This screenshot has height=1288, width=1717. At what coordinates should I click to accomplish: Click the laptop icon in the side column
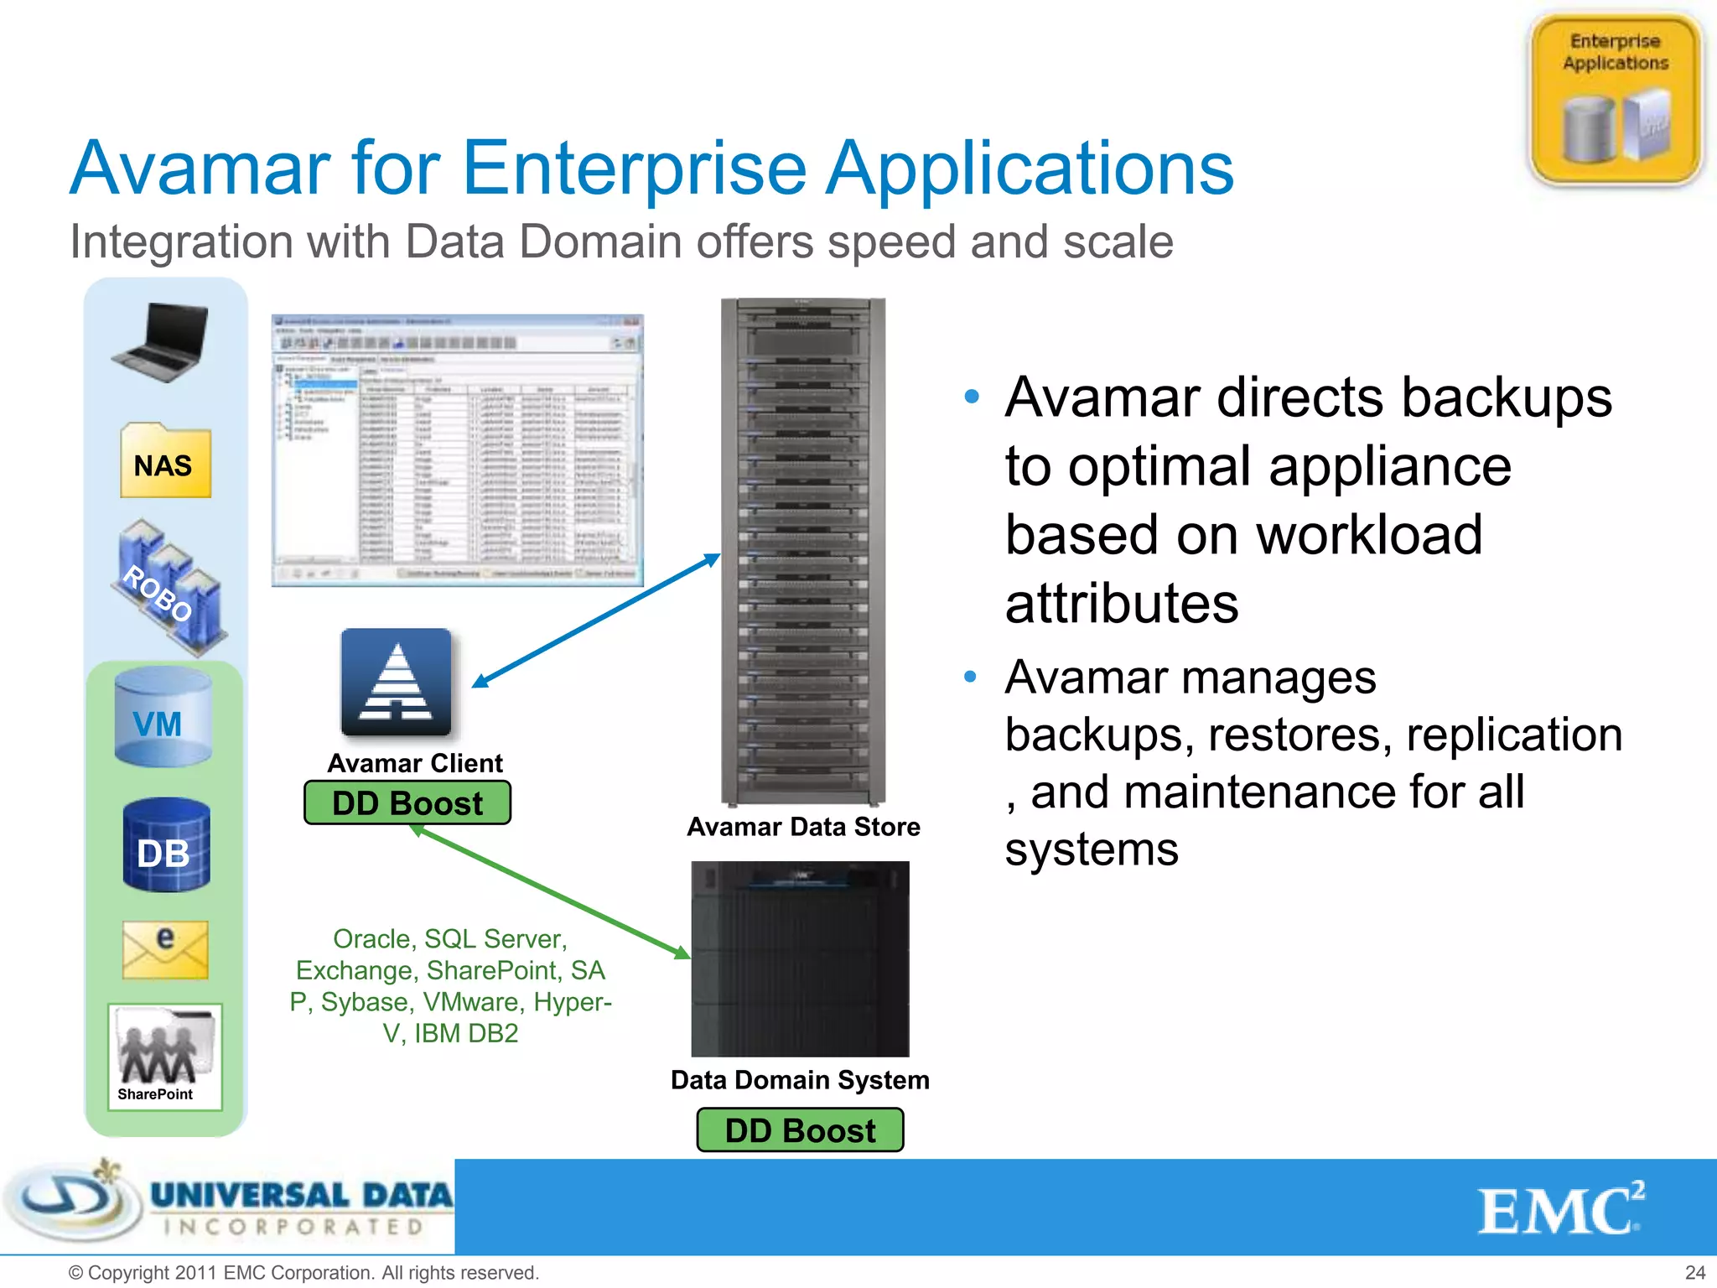[x=162, y=343]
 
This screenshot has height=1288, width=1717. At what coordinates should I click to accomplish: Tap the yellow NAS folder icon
[x=165, y=462]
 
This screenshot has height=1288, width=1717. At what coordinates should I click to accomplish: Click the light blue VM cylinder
[x=163, y=718]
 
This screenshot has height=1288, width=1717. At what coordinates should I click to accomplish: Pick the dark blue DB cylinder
[x=166, y=845]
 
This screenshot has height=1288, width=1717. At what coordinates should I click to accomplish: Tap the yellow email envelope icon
[x=165, y=950]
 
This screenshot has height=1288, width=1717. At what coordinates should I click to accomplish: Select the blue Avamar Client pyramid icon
[x=396, y=683]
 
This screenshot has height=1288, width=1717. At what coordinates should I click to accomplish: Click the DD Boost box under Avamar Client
[x=407, y=803]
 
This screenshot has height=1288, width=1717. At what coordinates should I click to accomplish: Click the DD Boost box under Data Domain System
[x=800, y=1130]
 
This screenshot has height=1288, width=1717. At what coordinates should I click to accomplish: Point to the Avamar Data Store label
[x=803, y=827]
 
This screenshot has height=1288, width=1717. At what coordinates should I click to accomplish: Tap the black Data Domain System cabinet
[x=800, y=959]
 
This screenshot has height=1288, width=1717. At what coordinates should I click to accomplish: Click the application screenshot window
[x=457, y=450]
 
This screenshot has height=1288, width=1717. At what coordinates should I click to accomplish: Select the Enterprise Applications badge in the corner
[x=1615, y=99]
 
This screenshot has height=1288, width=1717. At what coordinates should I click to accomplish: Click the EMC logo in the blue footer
[x=1559, y=1210]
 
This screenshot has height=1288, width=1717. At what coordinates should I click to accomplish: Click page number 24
[x=1694, y=1273]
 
